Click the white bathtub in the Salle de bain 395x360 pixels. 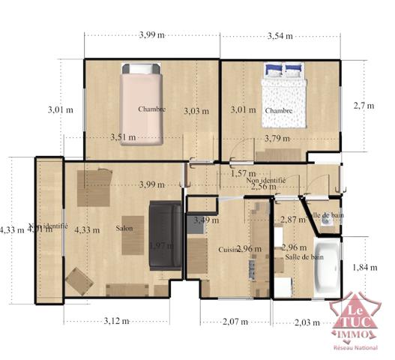click(327, 265)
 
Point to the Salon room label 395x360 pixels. click(125, 229)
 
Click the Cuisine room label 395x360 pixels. click(228, 249)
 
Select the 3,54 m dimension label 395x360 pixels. click(280, 34)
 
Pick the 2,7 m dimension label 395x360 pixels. click(364, 106)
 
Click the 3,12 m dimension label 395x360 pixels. click(115, 321)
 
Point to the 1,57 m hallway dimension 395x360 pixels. click(243, 173)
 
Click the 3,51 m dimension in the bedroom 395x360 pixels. click(123, 137)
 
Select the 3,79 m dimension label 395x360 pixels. click(277, 138)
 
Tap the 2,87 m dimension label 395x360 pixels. click(293, 220)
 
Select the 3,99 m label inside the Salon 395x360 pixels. click(152, 184)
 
